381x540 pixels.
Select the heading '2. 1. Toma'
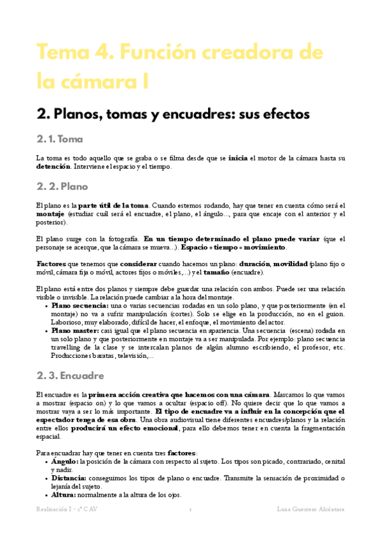coord(61,139)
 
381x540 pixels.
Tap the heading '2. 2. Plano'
coord(62,187)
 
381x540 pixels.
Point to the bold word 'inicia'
coord(238,157)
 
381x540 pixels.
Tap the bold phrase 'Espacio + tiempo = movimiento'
coord(233,247)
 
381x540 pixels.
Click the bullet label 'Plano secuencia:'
coord(80,306)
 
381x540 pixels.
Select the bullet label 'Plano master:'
coord(74,331)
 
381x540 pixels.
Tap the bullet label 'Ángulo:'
coord(65,460)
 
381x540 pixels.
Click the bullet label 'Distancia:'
coord(69,478)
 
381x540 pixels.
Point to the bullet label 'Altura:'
coord(64,495)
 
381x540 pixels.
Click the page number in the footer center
coord(190,509)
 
